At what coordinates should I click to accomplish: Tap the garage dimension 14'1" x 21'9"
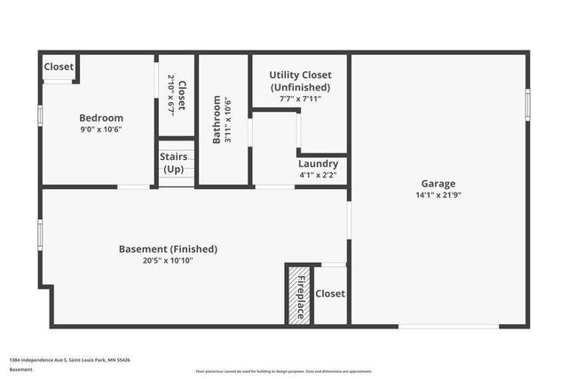438,195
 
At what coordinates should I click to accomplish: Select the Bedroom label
101,118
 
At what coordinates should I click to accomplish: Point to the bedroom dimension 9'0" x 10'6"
101,130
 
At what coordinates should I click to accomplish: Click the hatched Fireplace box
299,295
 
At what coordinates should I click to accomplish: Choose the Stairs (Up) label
173,162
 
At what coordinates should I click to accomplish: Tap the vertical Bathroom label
216,120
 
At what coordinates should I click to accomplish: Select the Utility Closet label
300,76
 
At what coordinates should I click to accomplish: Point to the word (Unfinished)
300,88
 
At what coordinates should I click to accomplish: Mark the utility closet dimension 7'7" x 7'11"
300,99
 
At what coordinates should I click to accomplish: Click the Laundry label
317,164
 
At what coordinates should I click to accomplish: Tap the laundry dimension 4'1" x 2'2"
317,175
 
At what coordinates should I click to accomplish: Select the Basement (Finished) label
168,249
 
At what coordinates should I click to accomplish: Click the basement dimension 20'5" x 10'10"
168,261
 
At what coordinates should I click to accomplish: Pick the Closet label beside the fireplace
330,294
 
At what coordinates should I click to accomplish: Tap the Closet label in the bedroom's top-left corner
59,67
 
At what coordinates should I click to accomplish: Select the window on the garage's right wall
527,105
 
